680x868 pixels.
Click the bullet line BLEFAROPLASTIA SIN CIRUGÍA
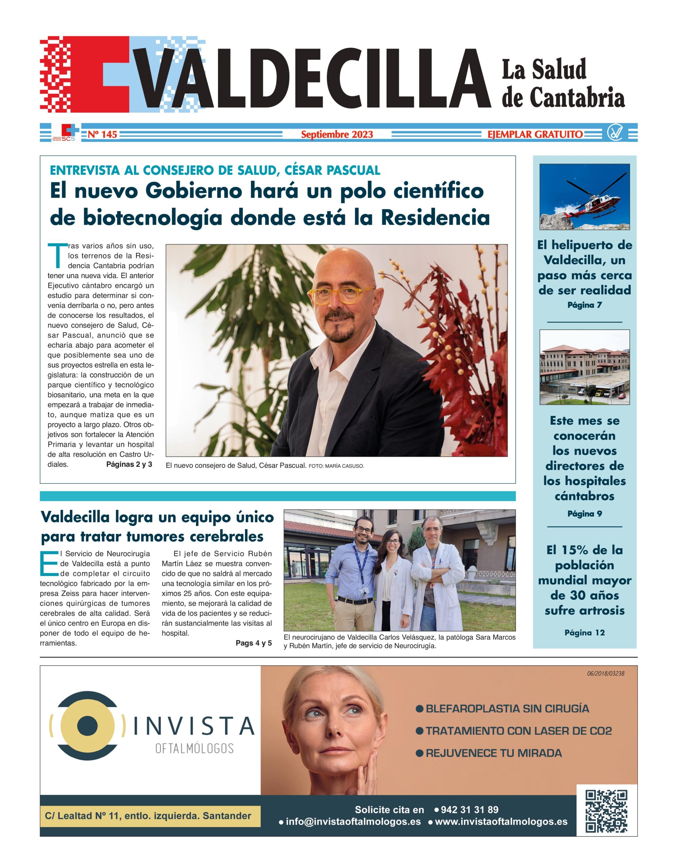coord(507,709)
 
